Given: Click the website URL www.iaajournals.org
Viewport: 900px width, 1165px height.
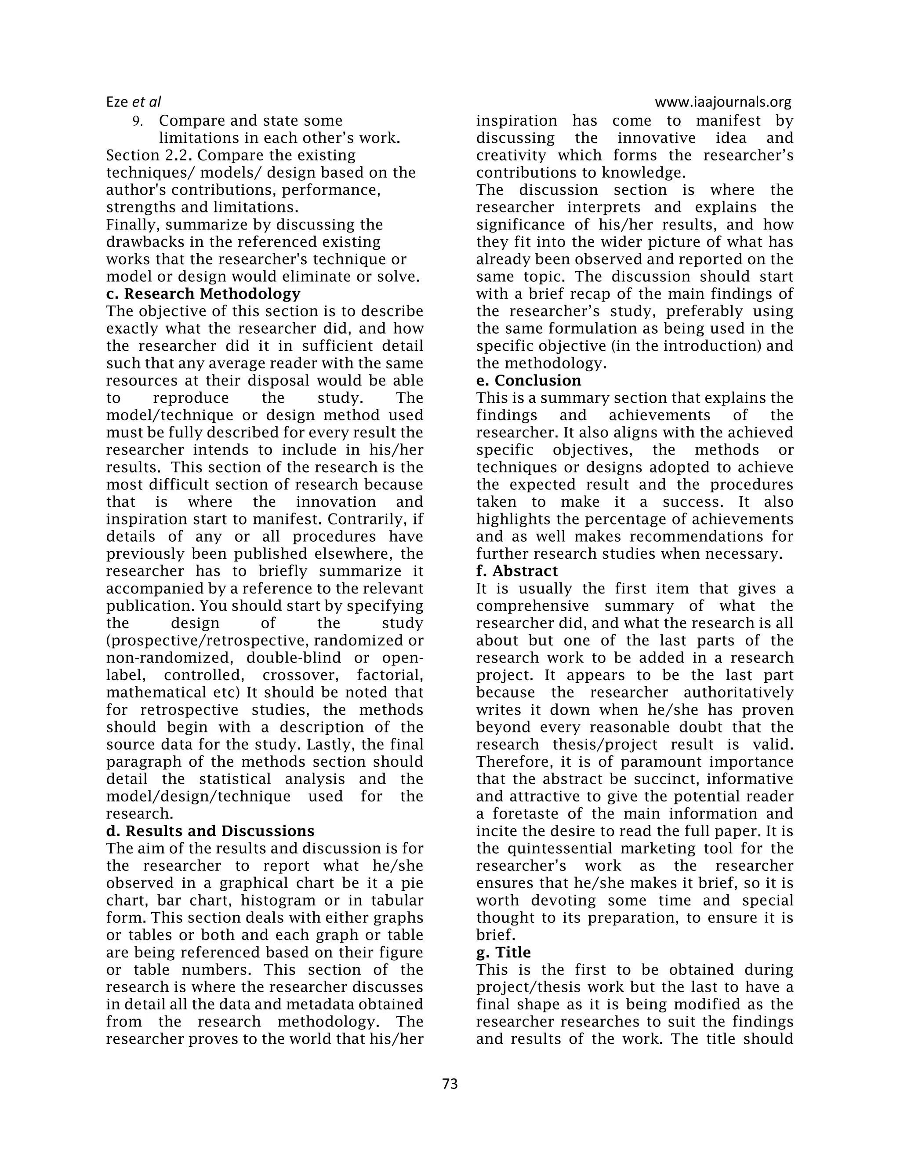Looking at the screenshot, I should click(723, 102).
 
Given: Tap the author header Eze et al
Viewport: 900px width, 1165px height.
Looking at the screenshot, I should click(133, 102).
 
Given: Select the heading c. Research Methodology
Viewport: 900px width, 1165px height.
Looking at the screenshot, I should click(203, 294).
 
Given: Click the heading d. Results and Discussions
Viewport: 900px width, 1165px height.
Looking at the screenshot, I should click(210, 831).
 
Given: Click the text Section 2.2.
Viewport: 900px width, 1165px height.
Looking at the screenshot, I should click(149, 155).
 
